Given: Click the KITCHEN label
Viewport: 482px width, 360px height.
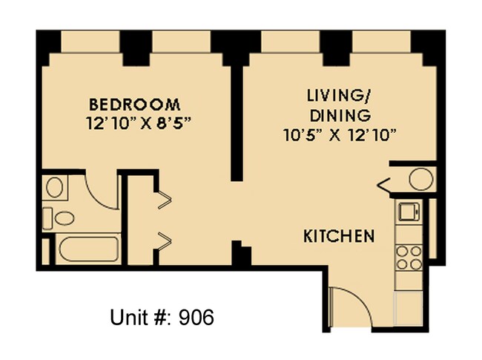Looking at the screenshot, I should pyautogui.click(x=339, y=237).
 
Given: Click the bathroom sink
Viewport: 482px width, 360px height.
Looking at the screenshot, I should pyautogui.click(x=54, y=187).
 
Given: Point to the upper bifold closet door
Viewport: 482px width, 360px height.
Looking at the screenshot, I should pyautogui.click(x=165, y=198).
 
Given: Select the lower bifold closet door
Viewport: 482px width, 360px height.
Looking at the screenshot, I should pyautogui.click(x=165, y=239).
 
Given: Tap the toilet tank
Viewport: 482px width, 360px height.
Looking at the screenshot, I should pyautogui.click(x=47, y=218).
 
